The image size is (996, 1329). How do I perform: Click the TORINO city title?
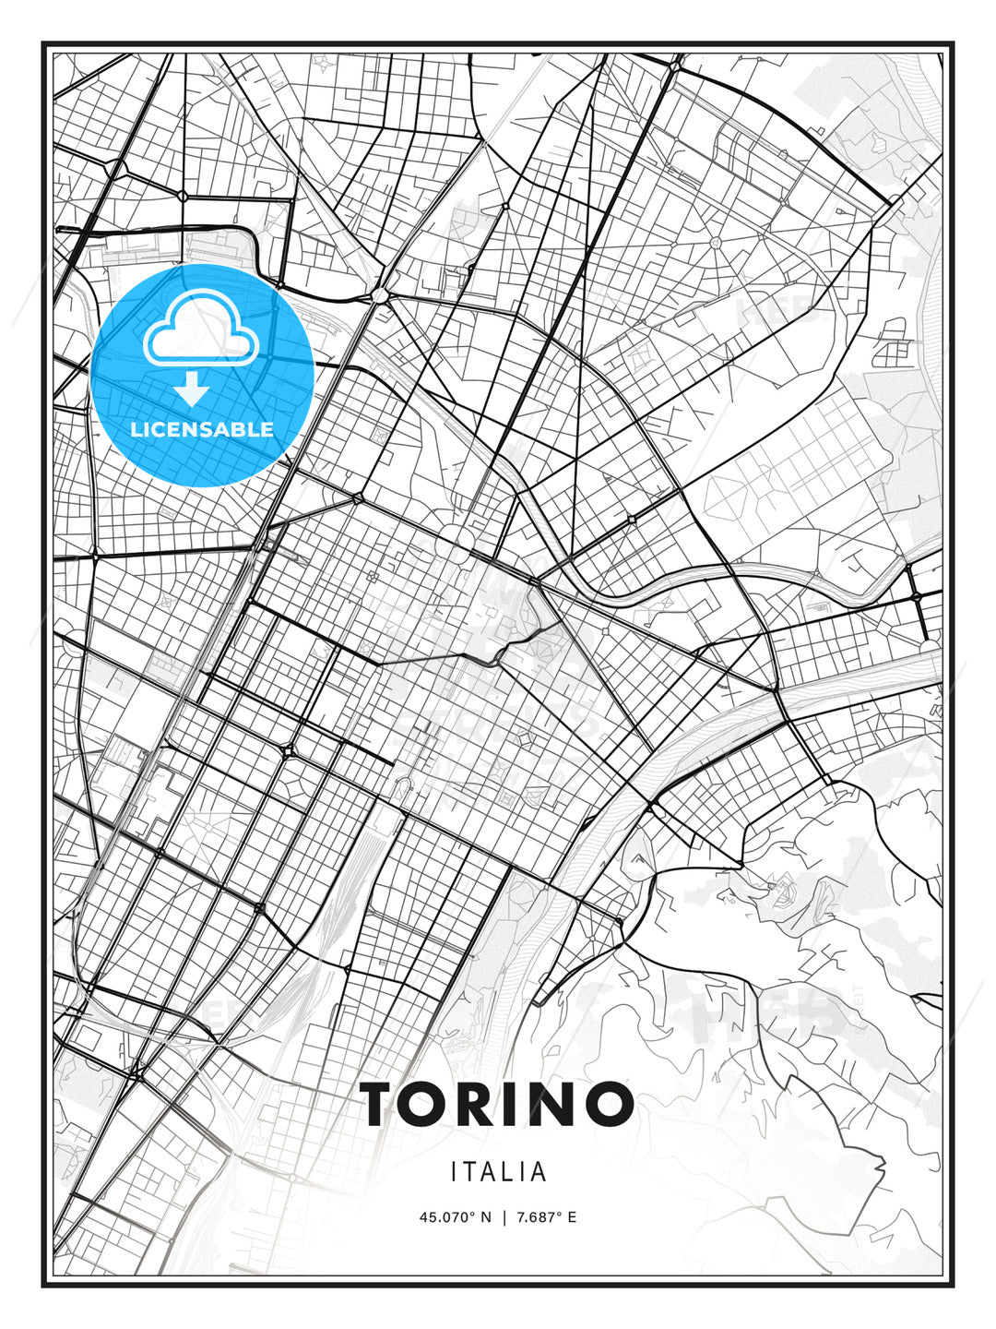497,1104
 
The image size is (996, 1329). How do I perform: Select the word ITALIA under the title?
499,1172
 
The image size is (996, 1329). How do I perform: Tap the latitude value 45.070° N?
456,1217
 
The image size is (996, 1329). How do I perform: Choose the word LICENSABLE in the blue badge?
202,429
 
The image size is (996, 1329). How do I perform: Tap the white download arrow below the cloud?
193,389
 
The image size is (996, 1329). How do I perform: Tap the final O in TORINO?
609,1104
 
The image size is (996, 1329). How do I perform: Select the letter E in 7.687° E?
572,1217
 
